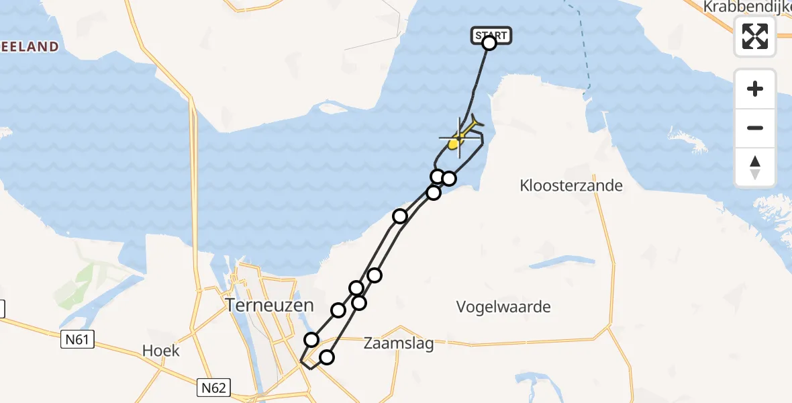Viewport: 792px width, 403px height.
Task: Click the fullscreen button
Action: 755,36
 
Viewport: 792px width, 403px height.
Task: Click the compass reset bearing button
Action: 755,167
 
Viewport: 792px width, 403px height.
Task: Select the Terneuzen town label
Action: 269,305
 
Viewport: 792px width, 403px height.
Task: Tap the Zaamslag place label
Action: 399,344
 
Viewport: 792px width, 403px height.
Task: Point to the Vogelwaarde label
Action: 503,307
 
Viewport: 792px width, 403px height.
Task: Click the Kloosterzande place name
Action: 571,185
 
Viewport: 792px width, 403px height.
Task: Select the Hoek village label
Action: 161,351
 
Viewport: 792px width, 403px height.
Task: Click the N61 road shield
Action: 77,340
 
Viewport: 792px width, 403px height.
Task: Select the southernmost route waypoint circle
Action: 326,357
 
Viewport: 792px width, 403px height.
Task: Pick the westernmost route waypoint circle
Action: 311,340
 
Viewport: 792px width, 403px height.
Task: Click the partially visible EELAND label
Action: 30,46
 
